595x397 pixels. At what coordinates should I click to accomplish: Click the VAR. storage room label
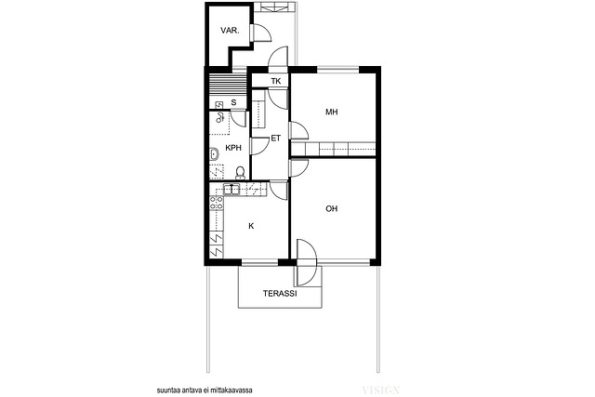230,31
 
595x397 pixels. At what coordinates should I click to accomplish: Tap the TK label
276,81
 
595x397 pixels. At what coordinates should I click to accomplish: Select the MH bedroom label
332,112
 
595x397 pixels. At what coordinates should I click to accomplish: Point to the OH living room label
332,208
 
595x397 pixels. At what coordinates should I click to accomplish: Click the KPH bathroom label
233,148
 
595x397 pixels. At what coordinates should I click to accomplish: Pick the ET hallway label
276,139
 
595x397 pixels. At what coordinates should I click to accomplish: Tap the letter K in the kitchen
251,226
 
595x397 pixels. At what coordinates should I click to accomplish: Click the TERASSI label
280,294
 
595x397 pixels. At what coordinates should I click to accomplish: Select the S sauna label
233,102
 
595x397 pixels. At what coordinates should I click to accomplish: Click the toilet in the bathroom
240,173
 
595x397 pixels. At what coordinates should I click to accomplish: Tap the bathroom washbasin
214,155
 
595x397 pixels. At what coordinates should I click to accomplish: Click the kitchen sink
231,189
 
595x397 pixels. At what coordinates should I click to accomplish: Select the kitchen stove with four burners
217,203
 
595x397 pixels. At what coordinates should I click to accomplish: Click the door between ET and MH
299,130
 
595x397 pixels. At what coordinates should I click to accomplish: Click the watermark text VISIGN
381,390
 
